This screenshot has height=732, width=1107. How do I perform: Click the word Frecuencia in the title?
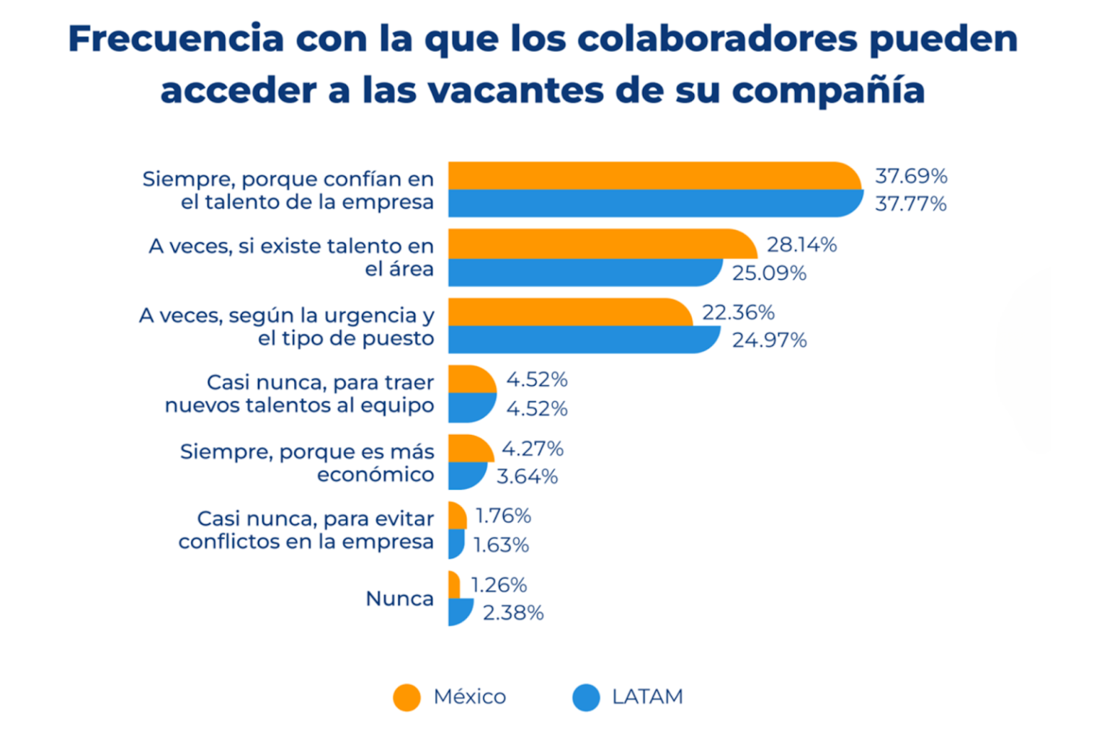(x=176, y=38)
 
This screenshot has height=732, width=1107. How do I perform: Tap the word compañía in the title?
(x=828, y=91)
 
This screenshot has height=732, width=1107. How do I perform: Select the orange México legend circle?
(x=406, y=697)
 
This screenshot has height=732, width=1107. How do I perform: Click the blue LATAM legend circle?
(x=586, y=697)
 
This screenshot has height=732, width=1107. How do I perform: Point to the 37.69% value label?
(x=911, y=176)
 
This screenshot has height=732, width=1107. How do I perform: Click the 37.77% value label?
(x=911, y=204)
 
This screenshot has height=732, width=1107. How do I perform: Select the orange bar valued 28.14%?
(x=602, y=244)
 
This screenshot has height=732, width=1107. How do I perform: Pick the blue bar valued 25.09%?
(x=584, y=273)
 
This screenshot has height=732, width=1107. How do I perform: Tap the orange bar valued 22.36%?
(x=569, y=312)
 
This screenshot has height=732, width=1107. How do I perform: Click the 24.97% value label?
(x=769, y=340)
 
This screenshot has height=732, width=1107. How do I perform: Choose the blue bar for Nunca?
(x=459, y=612)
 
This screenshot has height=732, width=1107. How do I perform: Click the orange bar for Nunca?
(x=454, y=585)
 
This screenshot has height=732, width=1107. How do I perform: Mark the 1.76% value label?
(x=503, y=516)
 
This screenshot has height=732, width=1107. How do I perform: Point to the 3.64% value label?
(x=527, y=477)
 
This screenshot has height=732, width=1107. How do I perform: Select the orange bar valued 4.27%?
(x=470, y=449)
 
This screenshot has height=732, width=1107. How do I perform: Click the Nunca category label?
(x=399, y=599)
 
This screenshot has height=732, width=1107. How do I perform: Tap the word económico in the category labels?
(x=375, y=475)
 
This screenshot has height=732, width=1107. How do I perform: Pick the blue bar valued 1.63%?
(x=455, y=544)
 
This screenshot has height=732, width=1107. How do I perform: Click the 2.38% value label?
(x=512, y=613)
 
